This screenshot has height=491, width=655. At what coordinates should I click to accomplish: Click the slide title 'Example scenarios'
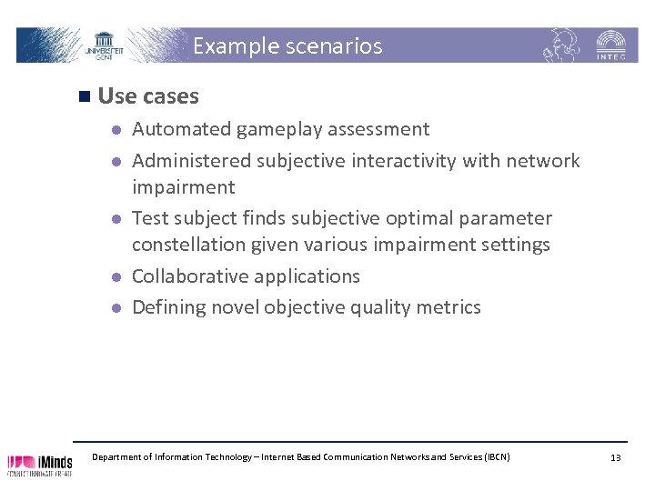coord(287,45)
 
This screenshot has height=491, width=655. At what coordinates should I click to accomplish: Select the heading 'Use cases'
coord(148,95)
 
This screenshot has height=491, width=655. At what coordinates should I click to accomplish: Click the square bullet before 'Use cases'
coord(84,95)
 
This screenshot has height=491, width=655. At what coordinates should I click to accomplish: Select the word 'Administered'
coord(192,161)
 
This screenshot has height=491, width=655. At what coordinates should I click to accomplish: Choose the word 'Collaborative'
coord(190,276)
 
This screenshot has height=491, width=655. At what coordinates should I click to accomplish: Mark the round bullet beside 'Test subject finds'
coord(116,219)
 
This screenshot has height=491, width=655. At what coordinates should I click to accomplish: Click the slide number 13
coord(616,457)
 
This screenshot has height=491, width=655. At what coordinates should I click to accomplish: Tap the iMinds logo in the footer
coord(40,465)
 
